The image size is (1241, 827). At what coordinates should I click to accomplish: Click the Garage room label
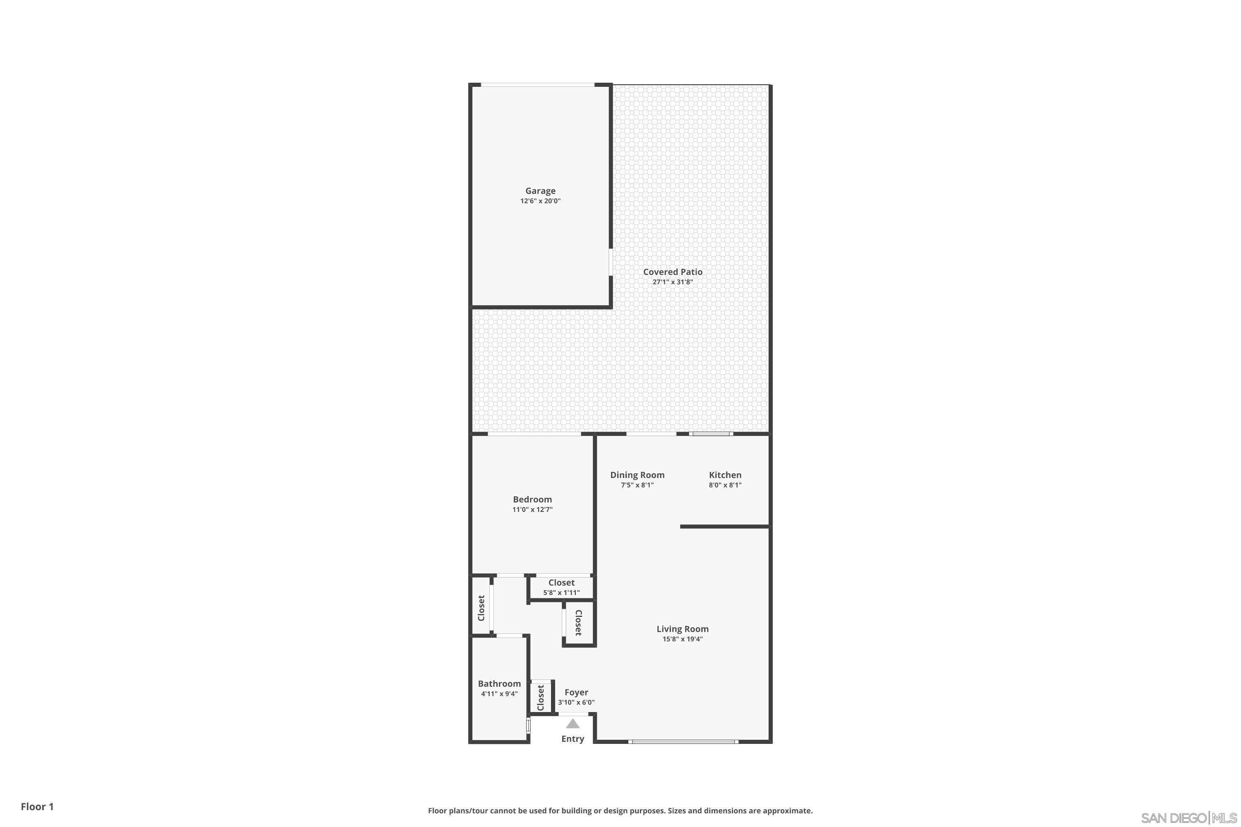[x=540, y=191]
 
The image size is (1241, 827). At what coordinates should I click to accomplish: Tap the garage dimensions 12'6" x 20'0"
[x=540, y=201]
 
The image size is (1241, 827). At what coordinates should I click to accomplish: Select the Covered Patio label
[x=672, y=272]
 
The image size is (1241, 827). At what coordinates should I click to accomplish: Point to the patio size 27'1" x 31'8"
[x=672, y=282]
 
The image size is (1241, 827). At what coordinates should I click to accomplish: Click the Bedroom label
[x=532, y=499]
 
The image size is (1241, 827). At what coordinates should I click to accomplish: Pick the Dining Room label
[x=637, y=475]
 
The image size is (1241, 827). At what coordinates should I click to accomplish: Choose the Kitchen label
[x=725, y=475]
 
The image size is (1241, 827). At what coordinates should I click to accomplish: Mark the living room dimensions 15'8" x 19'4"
[x=682, y=639]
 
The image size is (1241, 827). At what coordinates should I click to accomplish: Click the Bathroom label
[x=499, y=684]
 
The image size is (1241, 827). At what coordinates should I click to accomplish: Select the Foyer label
[x=576, y=693]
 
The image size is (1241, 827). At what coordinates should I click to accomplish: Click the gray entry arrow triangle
[x=573, y=724]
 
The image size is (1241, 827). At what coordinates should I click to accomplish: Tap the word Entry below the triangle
[x=573, y=739]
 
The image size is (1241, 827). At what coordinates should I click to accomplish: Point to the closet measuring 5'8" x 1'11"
[x=561, y=587]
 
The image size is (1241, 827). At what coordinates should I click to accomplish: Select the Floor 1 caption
[x=37, y=806]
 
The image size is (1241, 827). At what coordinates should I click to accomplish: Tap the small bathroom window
[x=528, y=726]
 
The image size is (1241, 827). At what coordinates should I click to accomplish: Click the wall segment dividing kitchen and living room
[x=725, y=526]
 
